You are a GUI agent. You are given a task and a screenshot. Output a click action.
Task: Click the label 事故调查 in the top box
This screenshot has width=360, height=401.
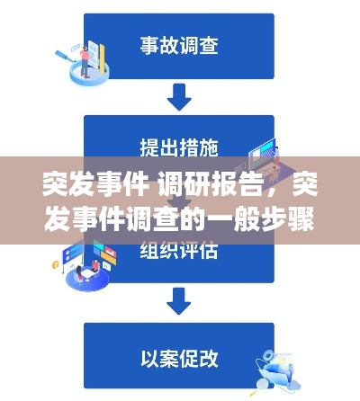179,46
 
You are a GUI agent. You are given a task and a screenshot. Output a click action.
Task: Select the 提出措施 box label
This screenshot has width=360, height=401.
179,147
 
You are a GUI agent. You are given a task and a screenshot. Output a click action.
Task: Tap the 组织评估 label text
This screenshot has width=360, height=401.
179,251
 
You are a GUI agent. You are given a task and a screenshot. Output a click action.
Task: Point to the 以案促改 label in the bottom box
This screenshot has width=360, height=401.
179,359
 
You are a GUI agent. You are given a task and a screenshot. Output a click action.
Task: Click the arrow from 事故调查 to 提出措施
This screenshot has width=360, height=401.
179,97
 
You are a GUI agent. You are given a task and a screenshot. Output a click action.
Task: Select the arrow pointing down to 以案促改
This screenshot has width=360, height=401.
179,301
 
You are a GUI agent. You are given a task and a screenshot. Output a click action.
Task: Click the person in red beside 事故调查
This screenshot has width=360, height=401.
85,62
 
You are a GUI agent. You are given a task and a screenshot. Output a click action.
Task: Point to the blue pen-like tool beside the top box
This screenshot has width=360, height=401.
65,57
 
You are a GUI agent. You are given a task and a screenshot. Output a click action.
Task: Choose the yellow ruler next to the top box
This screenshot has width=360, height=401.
103,58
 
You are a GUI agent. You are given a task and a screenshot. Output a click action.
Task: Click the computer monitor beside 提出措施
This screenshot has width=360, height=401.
262,154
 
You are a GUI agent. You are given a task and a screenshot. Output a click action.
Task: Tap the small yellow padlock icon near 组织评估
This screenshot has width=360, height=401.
55,264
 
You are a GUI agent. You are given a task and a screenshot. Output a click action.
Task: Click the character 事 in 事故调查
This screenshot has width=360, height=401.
149,46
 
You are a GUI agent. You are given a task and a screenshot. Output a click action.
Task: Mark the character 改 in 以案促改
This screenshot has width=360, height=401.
209,359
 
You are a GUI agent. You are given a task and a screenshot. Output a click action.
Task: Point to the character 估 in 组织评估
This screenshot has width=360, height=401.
209,251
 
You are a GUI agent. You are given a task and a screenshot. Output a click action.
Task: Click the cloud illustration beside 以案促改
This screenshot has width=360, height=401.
293,384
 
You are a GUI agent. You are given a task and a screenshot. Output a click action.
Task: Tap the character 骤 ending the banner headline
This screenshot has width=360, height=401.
303,220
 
